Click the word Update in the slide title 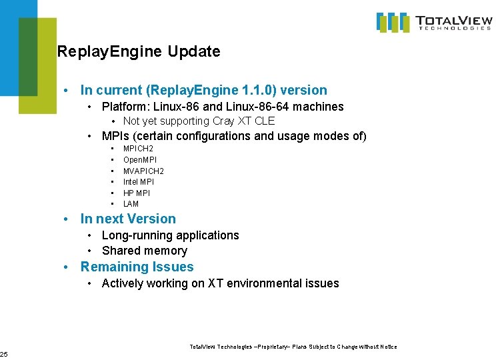pyautogui.click(x=194, y=51)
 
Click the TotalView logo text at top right pyautogui.click(x=454, y=22)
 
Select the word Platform pyautogui.click(x=125, y=107)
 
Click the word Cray pyautogui.click(x=227, y=121)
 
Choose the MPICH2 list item pyautogui.click(x=138, y=148)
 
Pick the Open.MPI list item pyautogui.click(x=140, y=159)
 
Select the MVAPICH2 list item pyautogui.click(x=143, y=171)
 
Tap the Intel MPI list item pyautogui.click(x=139, y=182)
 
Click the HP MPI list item pyautogui.click(x=137, y=193)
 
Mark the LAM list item pyautogui.click(x=131, y=204)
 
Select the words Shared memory pyautogui.click(x=145, y=251)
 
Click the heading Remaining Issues pyautogui.click(x=137, y=267)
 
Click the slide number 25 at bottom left pyautogui.click(x=3, y=353)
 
